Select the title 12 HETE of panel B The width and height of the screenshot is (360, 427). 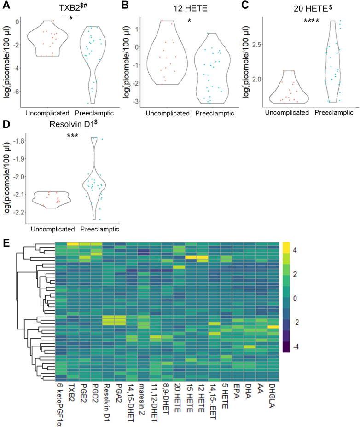click(188, 8)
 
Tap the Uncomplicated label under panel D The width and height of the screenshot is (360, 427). click(53, 229)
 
